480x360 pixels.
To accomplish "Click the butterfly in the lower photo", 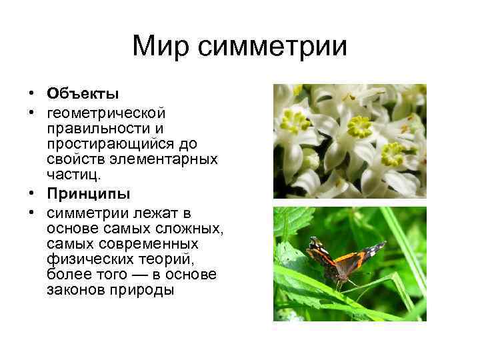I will [343, 261].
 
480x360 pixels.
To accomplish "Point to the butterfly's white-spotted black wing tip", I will [375, 249].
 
